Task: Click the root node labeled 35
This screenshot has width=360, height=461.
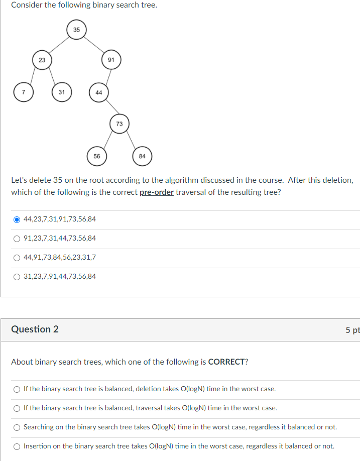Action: (76, 30)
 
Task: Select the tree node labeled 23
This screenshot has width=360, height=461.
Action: (42, 60)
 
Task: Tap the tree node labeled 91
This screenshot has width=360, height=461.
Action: (111, 60)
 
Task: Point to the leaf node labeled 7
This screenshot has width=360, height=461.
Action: (23, 92)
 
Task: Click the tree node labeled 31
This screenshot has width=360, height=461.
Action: (61, 92)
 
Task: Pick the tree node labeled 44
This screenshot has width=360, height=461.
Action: (98, 92)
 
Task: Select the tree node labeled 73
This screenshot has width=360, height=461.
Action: (119, 124)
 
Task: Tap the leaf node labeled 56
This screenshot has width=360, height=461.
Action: (96, 156)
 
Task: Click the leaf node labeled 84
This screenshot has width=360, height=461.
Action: (142, 156)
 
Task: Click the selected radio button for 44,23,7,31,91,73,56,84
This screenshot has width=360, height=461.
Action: (17, 219)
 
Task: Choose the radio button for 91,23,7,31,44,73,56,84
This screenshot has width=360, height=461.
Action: (17, 239)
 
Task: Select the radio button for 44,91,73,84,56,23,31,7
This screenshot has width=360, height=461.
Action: (17, 258)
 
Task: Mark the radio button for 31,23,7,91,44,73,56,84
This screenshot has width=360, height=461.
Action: (17, 277)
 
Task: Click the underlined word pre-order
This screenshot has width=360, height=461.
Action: (156, 192)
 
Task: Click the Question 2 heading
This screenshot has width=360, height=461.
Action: (35, 329)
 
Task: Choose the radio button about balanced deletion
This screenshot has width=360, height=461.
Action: (17, 389)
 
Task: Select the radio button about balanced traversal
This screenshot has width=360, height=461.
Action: (17, 408)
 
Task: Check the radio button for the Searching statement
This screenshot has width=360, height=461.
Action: (17, 427)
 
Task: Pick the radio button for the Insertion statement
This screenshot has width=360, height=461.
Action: (17, 446)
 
